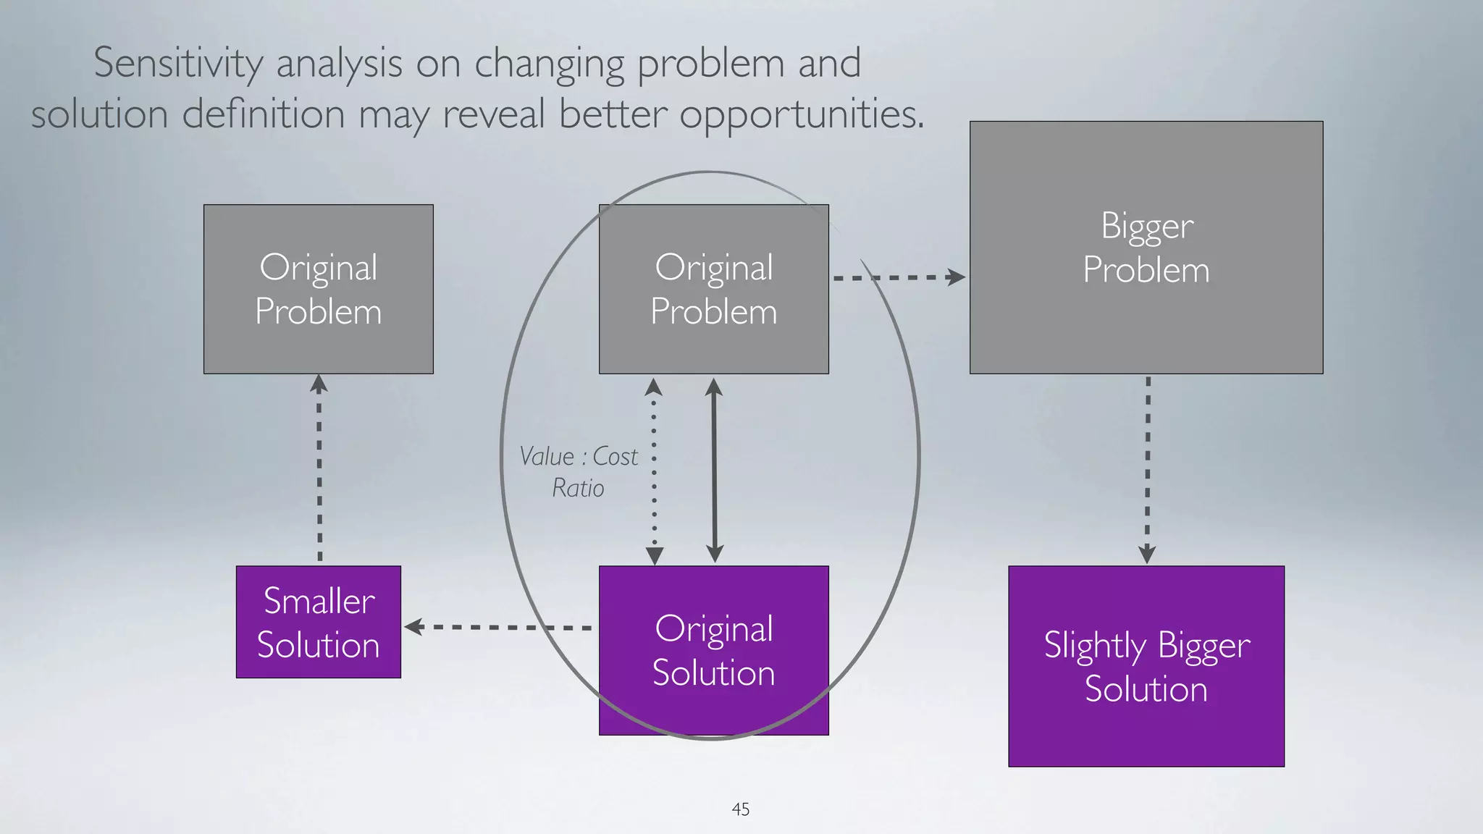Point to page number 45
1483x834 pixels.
(x=740, y=809)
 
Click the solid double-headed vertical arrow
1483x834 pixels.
(x=714, y=471)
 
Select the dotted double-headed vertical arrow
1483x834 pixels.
(x=654, y=471)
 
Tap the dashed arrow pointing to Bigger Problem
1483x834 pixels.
(x=898, y=277)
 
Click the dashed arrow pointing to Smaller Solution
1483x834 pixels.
(x=500, y=627)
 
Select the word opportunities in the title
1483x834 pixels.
(x=802, y=115)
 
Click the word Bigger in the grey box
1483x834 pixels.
(x=1147, y=227)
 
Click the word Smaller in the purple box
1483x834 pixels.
(x=319, y=601)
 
